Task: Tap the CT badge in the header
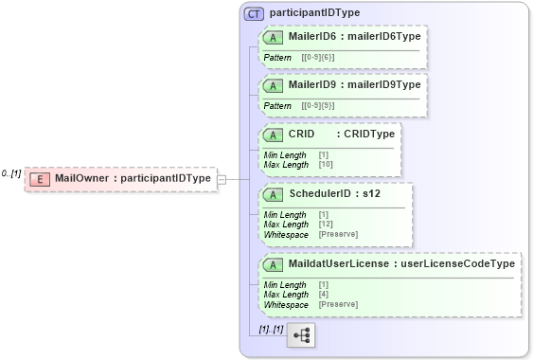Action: point(254,14)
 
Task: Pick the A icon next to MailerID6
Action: point(274,37)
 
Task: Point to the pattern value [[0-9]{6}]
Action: point(318,58)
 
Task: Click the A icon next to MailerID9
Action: point(274,85)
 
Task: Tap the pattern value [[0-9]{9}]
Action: point(318,106)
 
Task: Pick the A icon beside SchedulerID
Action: point(274,194)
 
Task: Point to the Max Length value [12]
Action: point(327,225)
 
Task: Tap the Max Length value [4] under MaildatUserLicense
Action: point(324,295)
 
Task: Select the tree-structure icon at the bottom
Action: point(301,335)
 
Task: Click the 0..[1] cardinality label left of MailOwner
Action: point(11,174)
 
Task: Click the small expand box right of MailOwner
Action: point(221,178)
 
